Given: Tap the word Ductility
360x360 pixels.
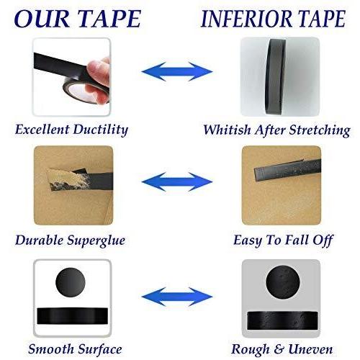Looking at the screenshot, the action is pos(100,130).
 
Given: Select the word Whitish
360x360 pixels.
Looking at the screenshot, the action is pos(227,130).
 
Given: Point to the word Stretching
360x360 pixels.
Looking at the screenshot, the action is pos(320,130).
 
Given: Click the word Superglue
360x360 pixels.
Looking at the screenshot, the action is pos(96,240).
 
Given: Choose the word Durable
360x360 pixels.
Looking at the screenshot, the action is pos(40,240).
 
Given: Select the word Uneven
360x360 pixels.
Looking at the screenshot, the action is pos(310,349).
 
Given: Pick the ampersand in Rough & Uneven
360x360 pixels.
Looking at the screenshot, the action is pos(279,349).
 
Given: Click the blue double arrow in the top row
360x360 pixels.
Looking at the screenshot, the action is pos(177,71).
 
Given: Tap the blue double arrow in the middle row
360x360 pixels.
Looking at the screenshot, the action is pos(177,181).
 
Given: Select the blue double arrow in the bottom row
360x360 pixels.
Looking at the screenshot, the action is pos(177,297).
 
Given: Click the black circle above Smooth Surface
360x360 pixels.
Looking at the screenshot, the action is pos(71,282).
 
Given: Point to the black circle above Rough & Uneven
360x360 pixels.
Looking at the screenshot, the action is pos(283,282).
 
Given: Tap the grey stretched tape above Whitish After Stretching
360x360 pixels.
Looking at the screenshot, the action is pos(276,77).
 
